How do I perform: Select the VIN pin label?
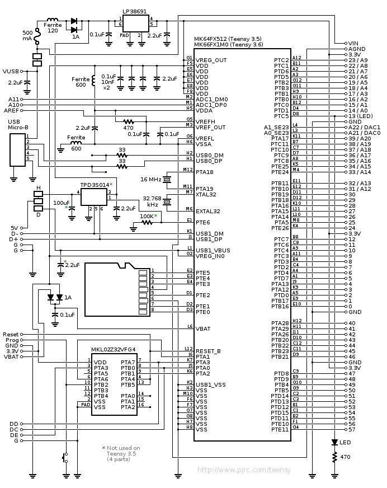click(x=352, y=43)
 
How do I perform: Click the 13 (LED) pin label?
click(x=360, y=116)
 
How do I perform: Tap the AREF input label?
click(x=11, y=110)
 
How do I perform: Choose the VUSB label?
click(x=11, y=72)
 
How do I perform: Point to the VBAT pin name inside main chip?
click(x=203, y=329)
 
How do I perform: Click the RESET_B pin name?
click(x=208, y=351)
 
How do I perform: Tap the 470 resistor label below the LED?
click(x=345, y=457)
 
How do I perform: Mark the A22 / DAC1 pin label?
click(x=364, y=127)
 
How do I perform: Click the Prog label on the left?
click(x=12, y=340)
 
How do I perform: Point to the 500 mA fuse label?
click(x=27, y=35)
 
